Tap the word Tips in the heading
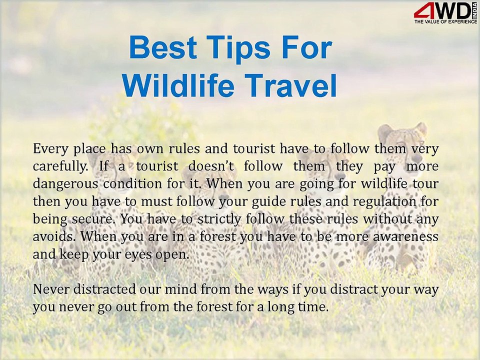pos(232,48)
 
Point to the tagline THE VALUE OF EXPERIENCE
pos(442,22)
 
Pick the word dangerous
pos(64,183)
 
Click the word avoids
pos(52,236)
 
